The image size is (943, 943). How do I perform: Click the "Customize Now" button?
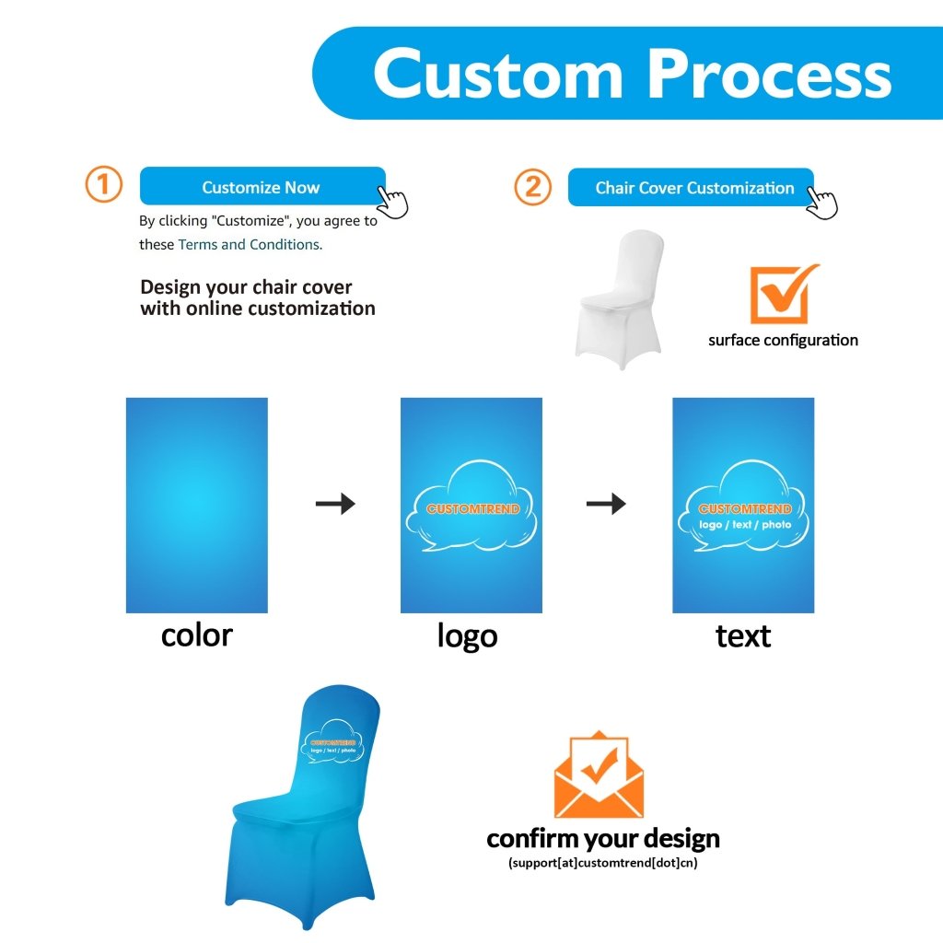(x=261, y=187)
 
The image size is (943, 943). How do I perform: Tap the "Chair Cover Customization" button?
(x=693, y=188)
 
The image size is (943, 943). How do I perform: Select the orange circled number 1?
(x=103, y=184)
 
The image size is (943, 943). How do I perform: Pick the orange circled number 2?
(x=532, y=187)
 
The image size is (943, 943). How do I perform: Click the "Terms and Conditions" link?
(x=249, y=245)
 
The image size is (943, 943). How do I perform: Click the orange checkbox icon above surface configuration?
(x=783, y=294)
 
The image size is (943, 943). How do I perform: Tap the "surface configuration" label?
(x=783, y=340)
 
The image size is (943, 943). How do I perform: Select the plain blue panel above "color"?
(x=196, y=505)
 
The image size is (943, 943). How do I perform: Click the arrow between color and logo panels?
(x=335, y=503)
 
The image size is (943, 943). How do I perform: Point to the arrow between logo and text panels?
(x=606, y=503)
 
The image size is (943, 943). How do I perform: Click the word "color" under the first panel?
(x=196, y=634)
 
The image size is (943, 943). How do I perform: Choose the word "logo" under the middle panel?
(x=467, y=635)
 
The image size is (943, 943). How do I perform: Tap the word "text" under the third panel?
(x=742, y=635)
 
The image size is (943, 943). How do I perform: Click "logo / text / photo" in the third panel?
(x=744, y=525)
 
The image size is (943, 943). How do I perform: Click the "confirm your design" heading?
(x=603, y=839)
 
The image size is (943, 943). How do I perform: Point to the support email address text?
(x=603, y=863)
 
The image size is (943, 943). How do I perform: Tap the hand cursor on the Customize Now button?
(x=393, y=200)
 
